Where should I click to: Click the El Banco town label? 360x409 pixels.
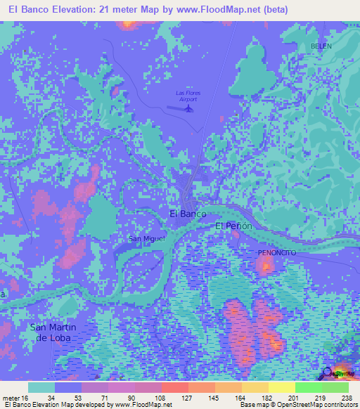[188, 214]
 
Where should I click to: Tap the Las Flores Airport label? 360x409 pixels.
[187, 96]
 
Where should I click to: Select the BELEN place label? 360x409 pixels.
[321, 46]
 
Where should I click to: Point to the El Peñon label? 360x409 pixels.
[233, 226]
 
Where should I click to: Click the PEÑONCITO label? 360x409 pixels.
[276, 252]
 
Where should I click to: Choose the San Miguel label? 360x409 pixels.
[146, 239]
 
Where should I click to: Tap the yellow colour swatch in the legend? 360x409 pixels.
[281, 387]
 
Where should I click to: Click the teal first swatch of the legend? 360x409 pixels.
[41, 387]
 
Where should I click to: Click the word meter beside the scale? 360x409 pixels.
[11, 398]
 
